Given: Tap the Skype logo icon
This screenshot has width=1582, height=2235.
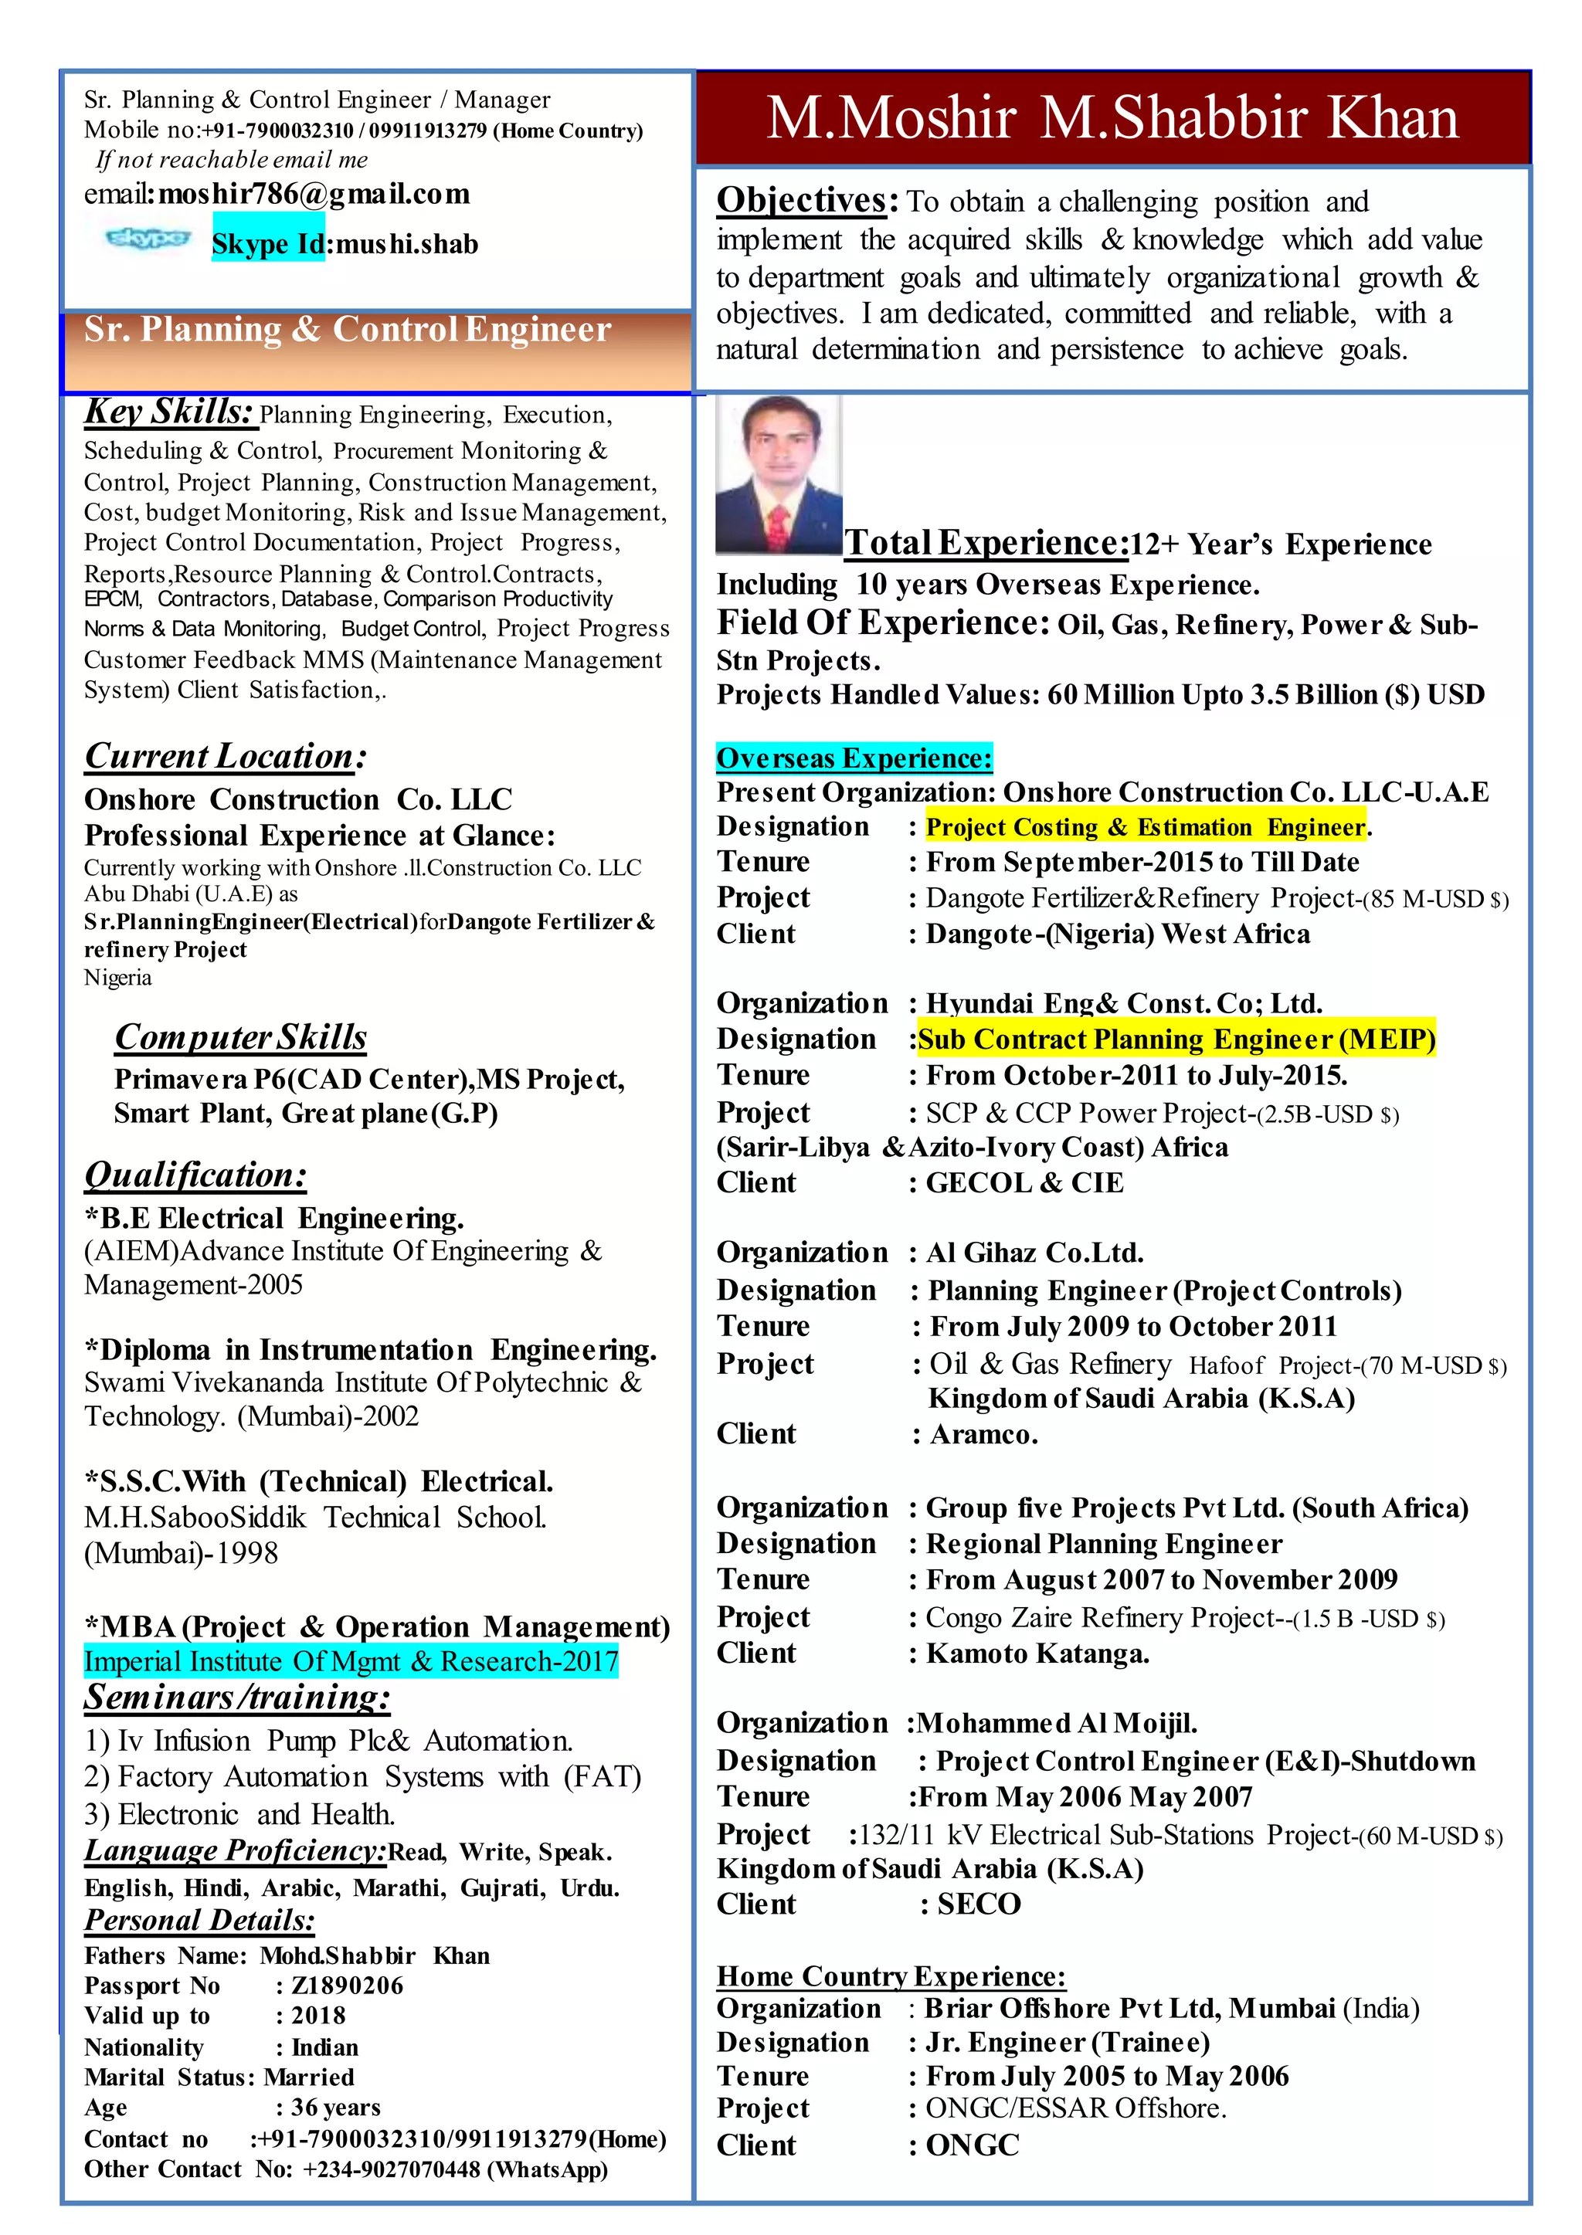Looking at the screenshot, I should click(147, 238).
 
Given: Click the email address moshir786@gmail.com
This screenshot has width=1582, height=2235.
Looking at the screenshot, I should click(314, 194).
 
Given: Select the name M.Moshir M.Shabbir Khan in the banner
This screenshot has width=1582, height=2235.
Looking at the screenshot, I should click(1112, 118).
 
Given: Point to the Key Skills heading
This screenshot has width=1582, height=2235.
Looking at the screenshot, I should click(169, 412).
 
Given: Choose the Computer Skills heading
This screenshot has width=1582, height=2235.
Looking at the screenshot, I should click(240, 1036).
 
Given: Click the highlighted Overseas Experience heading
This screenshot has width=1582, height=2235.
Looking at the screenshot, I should click(854, 758).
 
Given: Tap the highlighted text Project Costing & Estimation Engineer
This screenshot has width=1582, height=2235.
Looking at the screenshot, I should click(1145, 827).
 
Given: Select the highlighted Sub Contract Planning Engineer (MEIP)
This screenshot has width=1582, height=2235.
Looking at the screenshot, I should click(1176, 1039).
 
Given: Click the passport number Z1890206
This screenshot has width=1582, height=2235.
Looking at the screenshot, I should click(347, 1986).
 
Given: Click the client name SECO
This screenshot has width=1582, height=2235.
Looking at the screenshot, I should click(978, 1904).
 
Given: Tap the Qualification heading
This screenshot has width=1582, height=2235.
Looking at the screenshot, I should click(195, 1175).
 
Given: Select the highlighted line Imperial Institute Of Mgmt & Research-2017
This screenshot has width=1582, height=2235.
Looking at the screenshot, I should click(351, 1660).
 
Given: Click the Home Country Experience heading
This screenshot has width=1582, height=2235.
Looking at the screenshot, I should click(891, 1976).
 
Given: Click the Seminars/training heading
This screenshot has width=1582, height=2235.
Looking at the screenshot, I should click(236, 1697).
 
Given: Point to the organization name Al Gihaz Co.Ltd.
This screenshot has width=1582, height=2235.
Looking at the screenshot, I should click(1034, 1253).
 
